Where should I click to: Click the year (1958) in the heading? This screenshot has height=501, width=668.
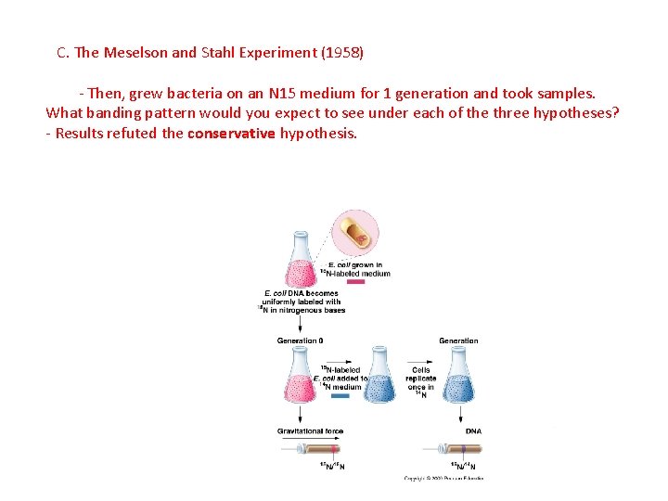click(x=342, y=53)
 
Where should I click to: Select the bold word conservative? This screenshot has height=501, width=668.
click(x=231, y=134)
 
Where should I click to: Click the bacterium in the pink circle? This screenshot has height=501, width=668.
click(x=355, y=234)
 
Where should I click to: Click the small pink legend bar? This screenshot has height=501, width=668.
click(x=355, y=281)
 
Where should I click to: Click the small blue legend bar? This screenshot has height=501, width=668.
click(x=340, y=396)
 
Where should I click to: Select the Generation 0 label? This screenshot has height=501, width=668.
click(x=300, y=341)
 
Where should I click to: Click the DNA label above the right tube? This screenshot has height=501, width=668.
click(x=473, y=431)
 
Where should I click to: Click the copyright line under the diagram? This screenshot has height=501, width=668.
click(x=443, y=479)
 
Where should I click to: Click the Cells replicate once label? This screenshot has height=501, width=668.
click(x=420, y=379)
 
